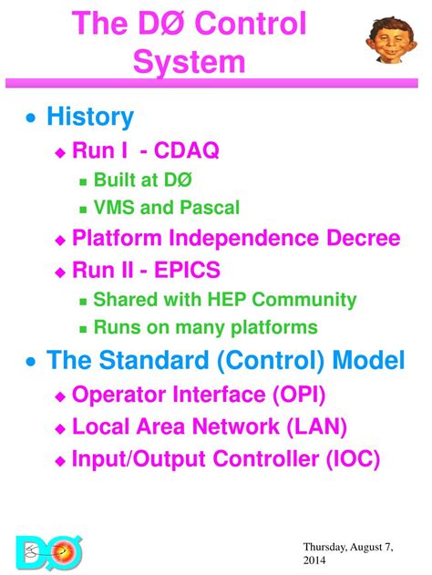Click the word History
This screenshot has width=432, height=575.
coord(89,118)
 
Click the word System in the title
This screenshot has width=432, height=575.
coord(189,62)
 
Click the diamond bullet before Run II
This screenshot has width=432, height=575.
coord(61,271)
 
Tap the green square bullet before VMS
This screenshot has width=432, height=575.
coord(84,209)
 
